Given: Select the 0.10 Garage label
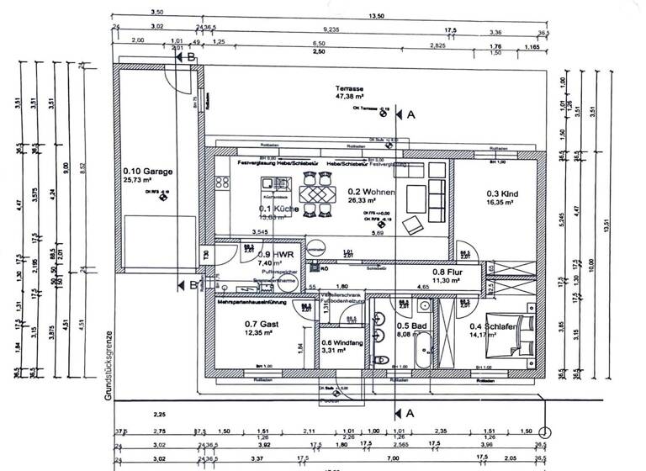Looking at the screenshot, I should [148, 172].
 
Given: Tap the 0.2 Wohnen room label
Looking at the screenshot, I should [367, 191].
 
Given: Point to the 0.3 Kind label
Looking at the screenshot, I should [501, 193].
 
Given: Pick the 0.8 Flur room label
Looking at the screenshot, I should [445, 272].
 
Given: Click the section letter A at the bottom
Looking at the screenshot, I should [410, 414].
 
